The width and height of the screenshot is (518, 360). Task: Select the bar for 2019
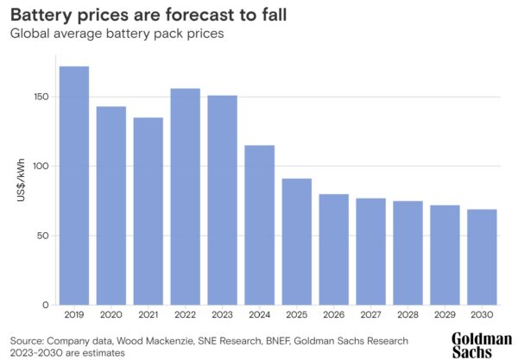tap(73, 186)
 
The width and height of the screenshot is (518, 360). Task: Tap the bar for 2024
tap(260, 225)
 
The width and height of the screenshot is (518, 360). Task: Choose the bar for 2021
tap(148, 212)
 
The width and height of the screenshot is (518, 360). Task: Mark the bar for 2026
tap(334, 249)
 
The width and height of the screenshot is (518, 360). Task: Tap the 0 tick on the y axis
tap(47, 306)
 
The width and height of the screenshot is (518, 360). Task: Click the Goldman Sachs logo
tap(481, 344)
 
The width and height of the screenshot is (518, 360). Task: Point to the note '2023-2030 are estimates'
tap(68, 352)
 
